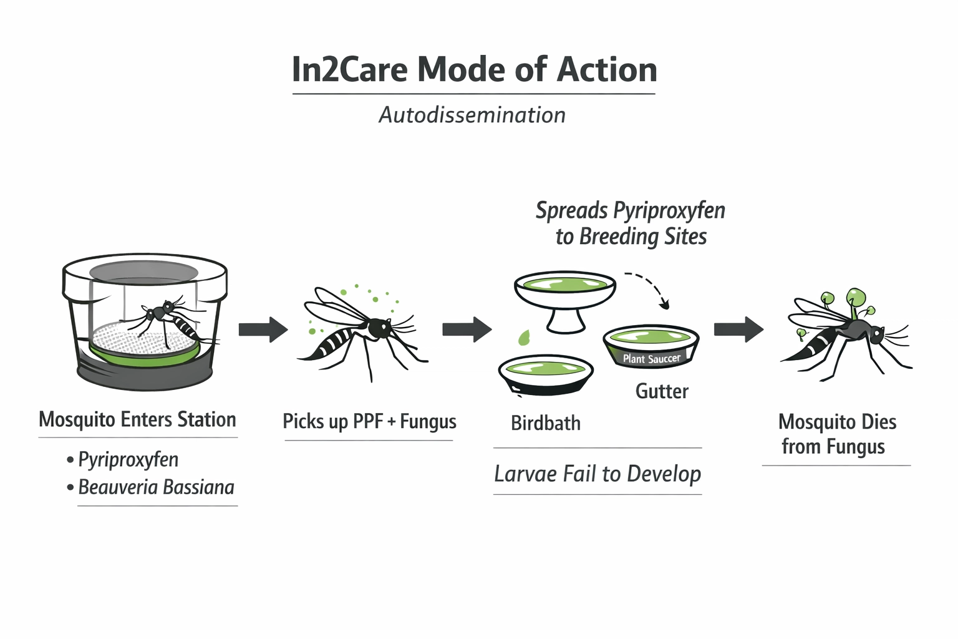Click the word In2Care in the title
coord(350,69)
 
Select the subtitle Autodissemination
coord(472,115)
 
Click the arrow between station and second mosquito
coord(263,329)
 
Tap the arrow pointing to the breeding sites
coord(467,329)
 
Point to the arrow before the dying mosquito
coord(738,329)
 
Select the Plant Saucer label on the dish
coord(651,359)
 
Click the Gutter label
coord(662,391)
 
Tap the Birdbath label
coord(546,423)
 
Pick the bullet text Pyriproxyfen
coord(128,460)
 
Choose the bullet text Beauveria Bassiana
coord(156,487)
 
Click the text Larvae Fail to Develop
coord(598,474)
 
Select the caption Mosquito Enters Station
coord(137,419)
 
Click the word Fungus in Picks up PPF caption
coord(428,422)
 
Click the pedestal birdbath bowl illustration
coord(565,296)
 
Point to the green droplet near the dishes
coord(524,338)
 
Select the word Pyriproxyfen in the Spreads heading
coord(669,210)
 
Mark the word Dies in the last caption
coord(878,422)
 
